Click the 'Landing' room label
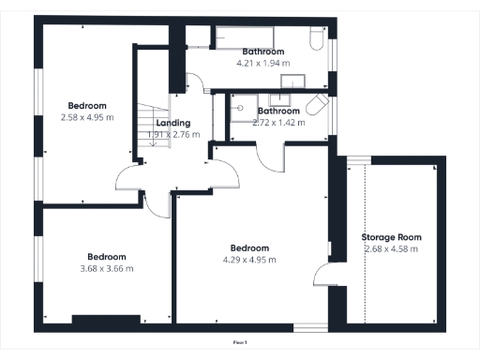pyautogui.click(x=173, y=123)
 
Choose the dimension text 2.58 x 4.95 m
pyautogui.click(x=86, y=117)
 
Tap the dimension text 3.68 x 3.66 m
pyautogui.click(x=106, y=268)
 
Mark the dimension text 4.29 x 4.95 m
pyautogui.click(x=249, y=260)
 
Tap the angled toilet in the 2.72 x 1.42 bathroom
pyautogui.click(x=319, y=106)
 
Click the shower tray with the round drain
pyautogui.click(x=242, y=110)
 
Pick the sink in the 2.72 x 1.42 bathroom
pyautogui.click(x=281, y=97)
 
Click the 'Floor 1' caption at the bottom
pyautogui.click(x=240, y=344)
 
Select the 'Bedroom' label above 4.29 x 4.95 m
pyautogui.click(x=249, y=248)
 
